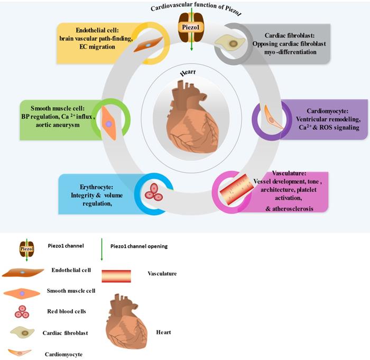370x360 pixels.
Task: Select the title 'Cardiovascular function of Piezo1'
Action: (188, 8)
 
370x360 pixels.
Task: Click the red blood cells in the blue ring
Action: (154, 191)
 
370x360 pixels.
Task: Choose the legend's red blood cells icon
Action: (22, 311)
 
